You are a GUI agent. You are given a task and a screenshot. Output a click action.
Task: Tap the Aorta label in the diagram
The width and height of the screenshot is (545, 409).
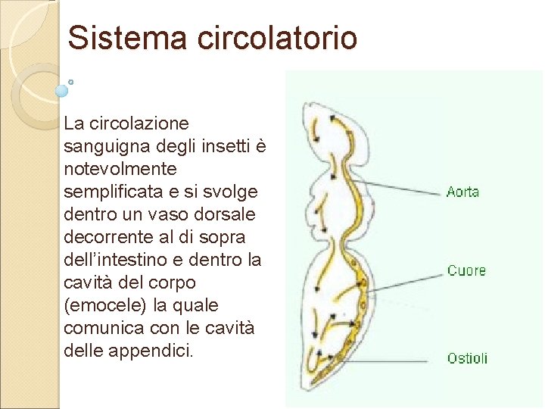click(462, 192)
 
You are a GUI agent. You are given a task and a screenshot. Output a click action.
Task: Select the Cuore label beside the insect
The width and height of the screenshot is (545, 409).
click(466, 270)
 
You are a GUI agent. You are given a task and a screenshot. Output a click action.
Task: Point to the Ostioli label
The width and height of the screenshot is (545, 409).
click(467, 358)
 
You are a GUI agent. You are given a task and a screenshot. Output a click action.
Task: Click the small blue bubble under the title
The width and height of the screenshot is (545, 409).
click(62, 90)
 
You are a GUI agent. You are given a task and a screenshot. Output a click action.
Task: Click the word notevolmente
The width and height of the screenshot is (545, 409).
click(120, 168)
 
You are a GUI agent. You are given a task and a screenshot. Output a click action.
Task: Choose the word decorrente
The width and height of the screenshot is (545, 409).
click(109, 237)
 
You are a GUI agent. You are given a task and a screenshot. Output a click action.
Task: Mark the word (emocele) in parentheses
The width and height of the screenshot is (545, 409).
click(100, 305)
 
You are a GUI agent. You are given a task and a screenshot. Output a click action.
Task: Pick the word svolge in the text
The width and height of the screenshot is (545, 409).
click(231, 191)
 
